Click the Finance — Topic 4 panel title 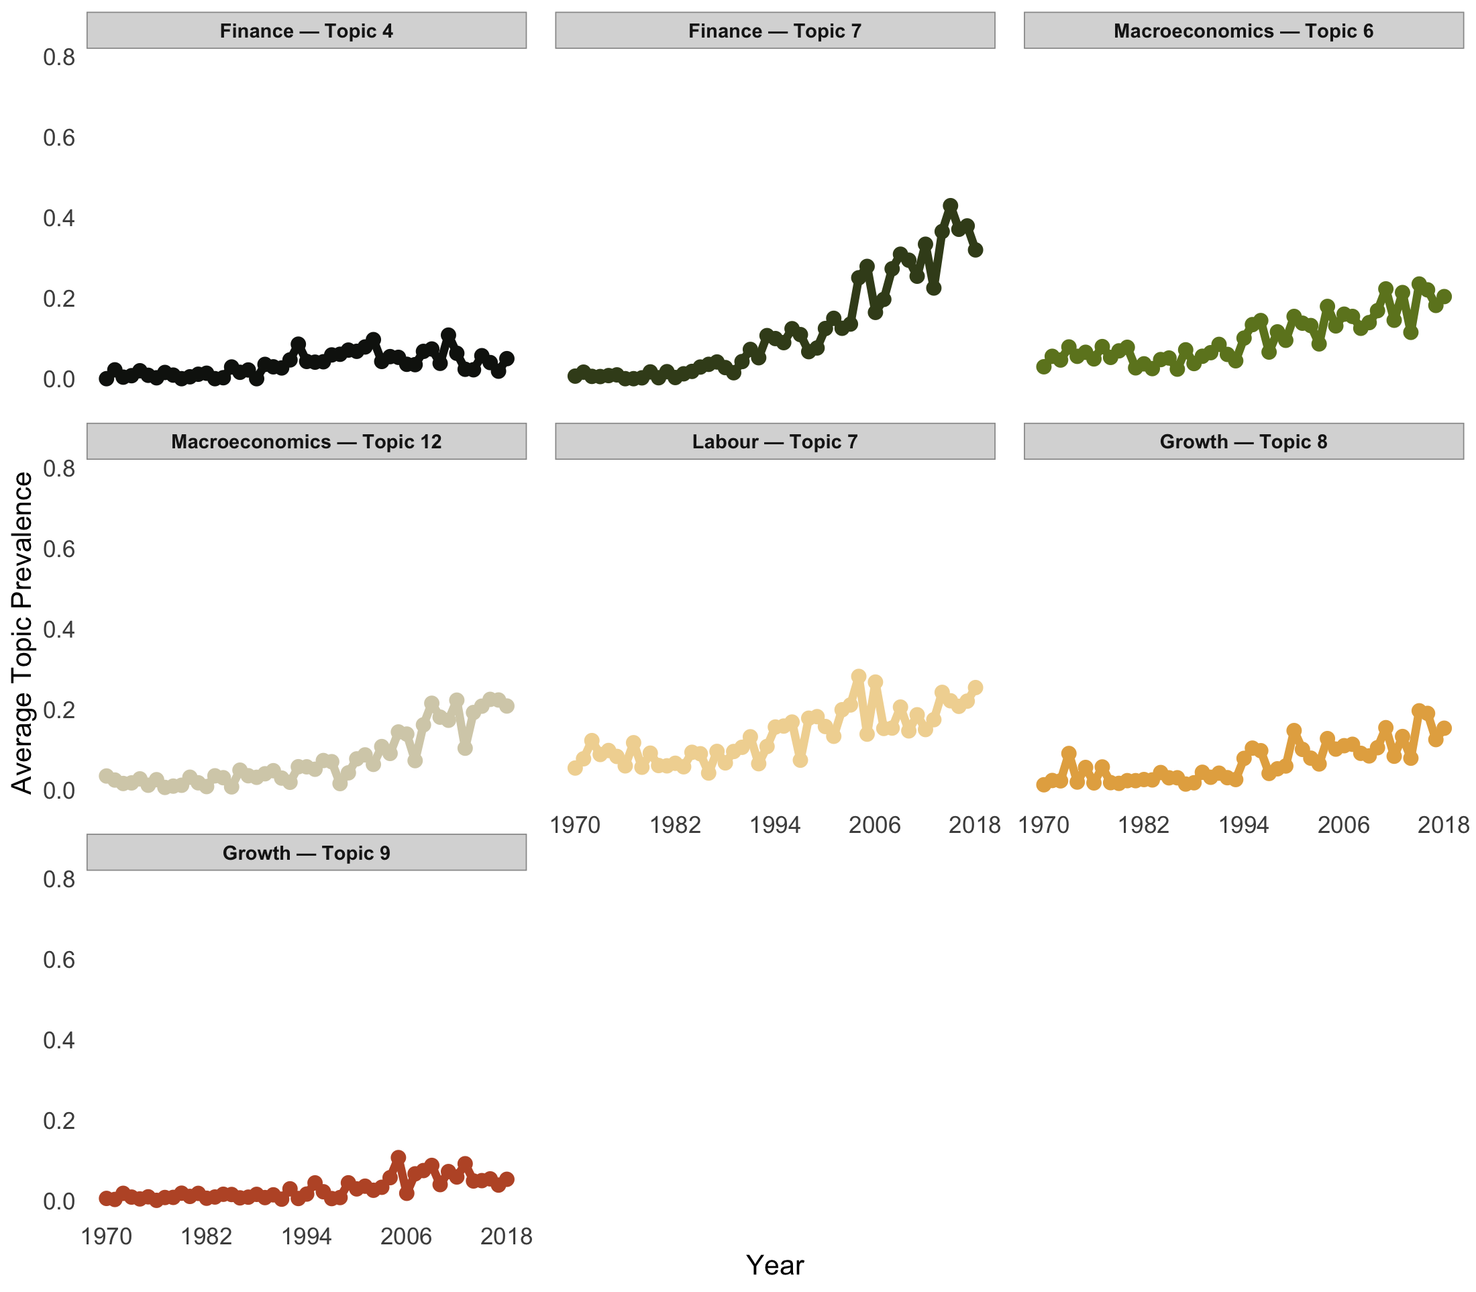point(307,31)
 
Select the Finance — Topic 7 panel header point(775,31)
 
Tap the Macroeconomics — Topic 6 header point(1243,31)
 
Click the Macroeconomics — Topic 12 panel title point(307,442)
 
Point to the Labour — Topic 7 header point(775,442)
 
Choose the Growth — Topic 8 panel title point(1243,442)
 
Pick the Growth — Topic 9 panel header point(307,853)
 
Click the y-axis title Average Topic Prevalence point(22,632)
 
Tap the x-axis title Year point(775,1265)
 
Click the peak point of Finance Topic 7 point(950,206)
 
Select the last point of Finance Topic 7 point(975,250)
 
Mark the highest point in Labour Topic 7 point(858,677)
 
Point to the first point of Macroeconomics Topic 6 point(1043,366)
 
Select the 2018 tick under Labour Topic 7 point(975,826)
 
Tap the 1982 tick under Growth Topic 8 point(1143,826)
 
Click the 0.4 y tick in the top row point(59,217)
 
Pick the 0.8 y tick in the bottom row point(59,880)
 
